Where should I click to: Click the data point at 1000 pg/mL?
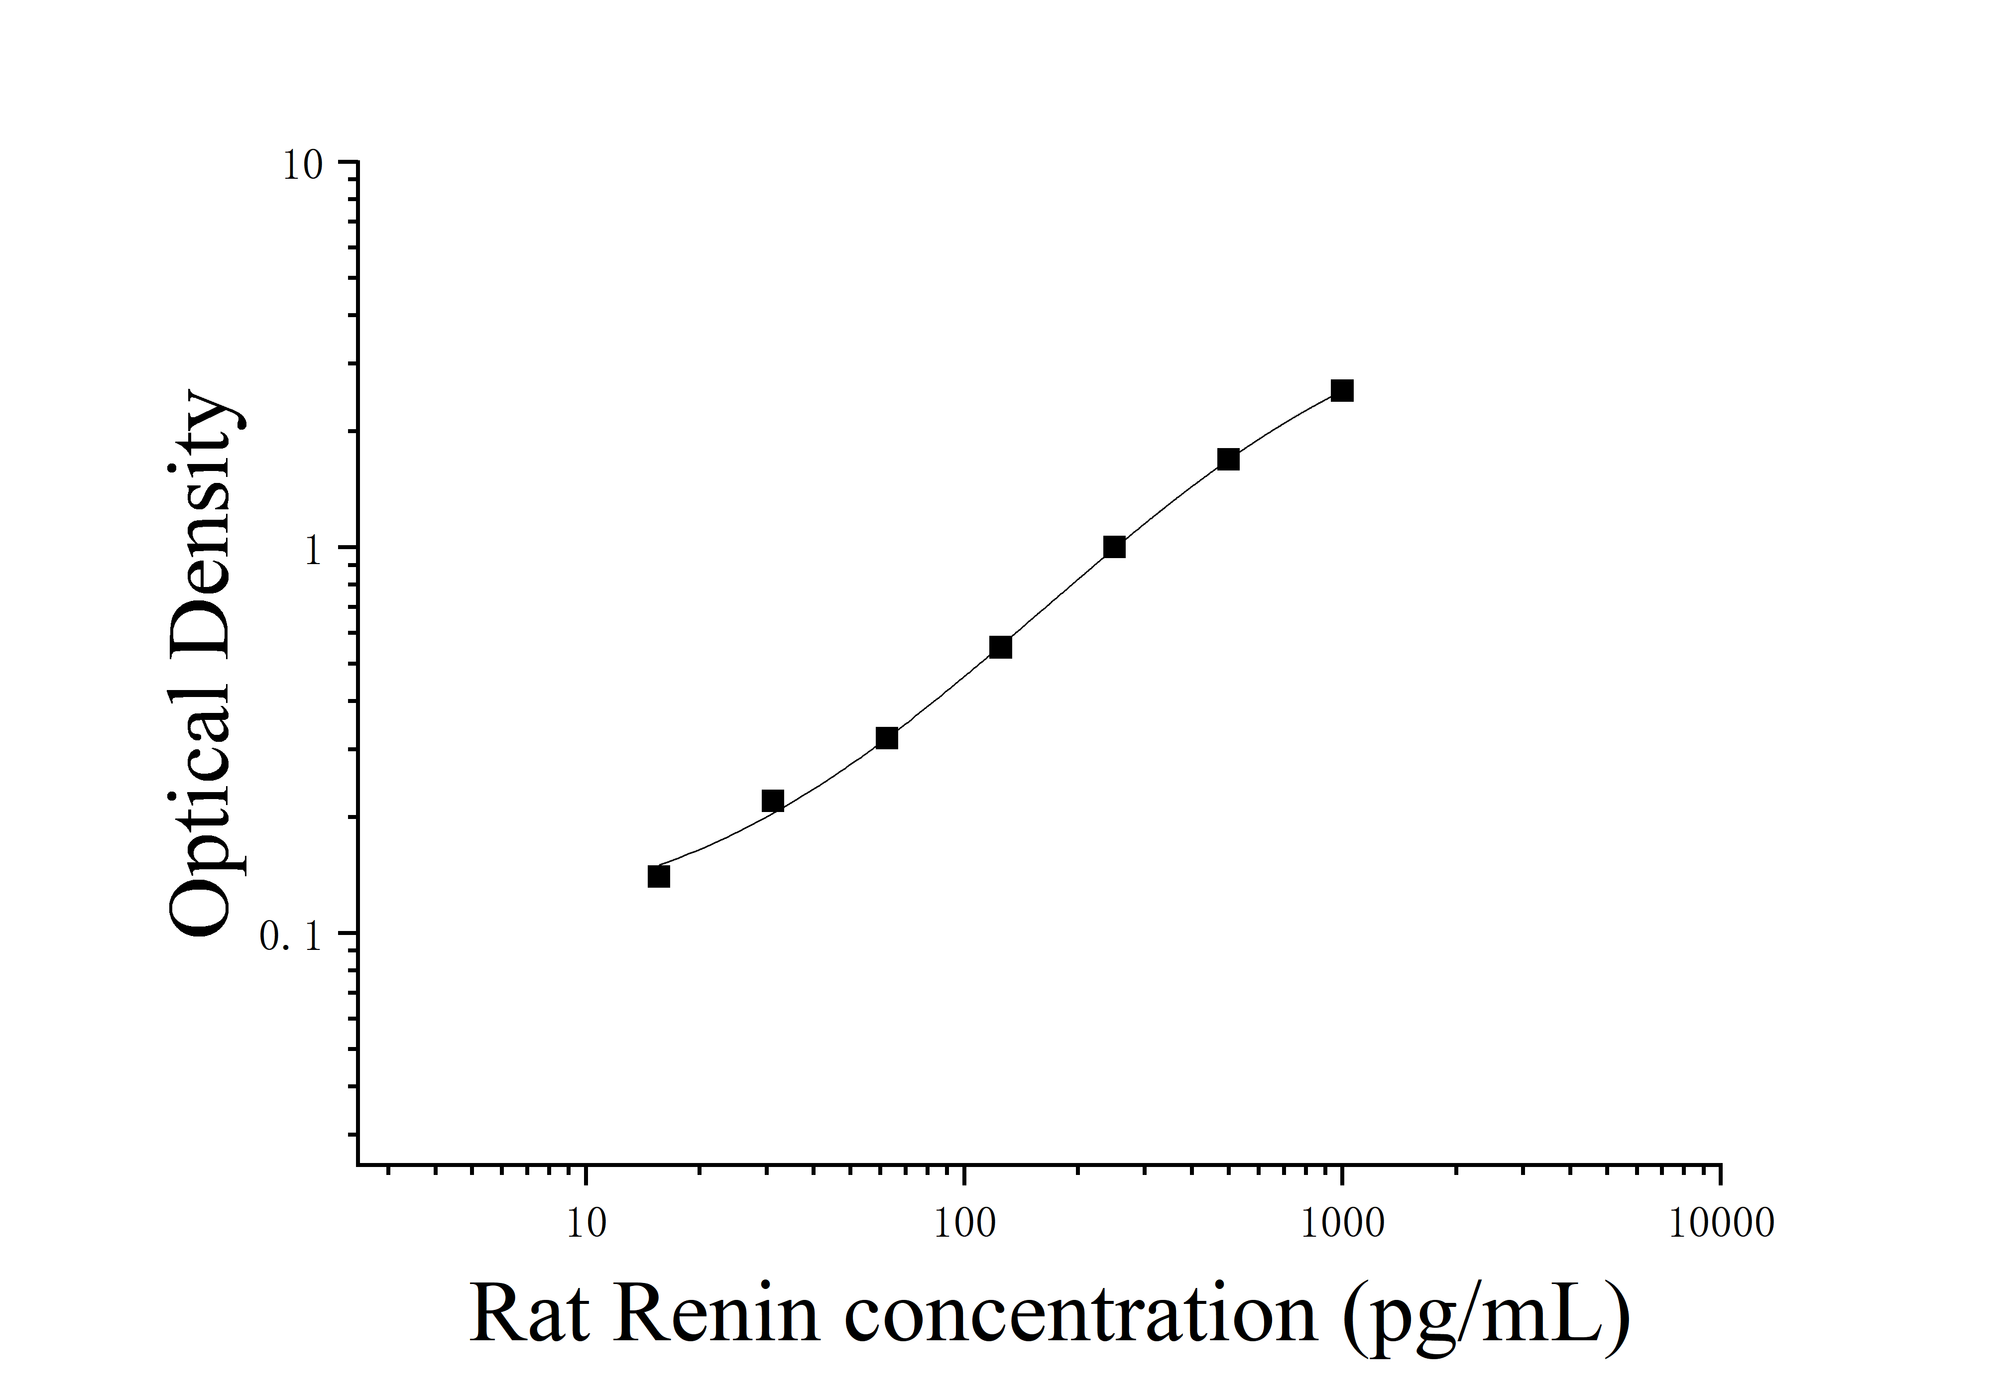(1342, 391)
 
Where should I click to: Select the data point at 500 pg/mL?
(1228, 460)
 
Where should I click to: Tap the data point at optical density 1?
(1114, 548)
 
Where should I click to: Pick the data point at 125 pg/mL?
(1000, 648)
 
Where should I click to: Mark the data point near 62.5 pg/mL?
(886, 738)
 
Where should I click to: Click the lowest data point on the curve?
(659, 877)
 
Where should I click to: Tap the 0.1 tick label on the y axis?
(292, 936)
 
